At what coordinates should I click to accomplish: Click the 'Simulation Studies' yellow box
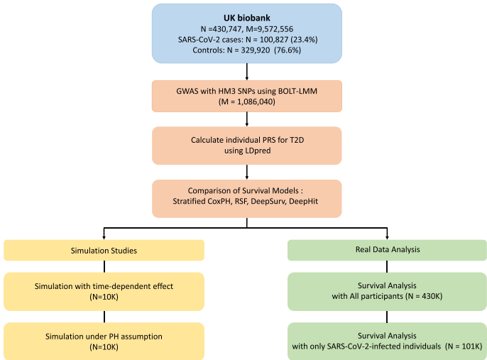coord(104,250)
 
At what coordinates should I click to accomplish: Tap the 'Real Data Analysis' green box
coord(387,250)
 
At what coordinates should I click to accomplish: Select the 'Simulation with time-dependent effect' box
coord(104,292)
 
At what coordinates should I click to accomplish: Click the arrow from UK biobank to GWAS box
coord(246,72)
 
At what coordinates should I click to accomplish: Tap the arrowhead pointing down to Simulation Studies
coord(104,236)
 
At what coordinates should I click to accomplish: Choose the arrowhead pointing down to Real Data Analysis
coord(387,236)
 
